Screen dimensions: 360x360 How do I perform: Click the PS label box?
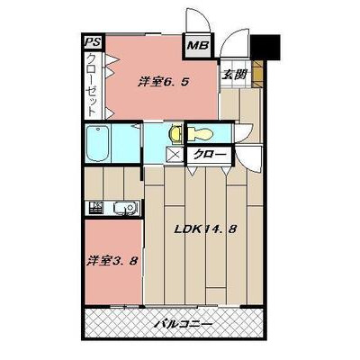coord(93,41)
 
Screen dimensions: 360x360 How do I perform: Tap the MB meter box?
coord(198,46)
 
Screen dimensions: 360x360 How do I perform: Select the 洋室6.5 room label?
coord(164,81)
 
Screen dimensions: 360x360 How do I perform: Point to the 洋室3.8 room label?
coord(112,260)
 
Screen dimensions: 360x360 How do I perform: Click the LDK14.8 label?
coord(206,229)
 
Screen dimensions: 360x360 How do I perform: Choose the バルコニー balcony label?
coord(184,324)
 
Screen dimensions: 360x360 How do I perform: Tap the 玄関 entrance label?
coord(234,74)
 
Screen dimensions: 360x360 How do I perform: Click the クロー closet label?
coord(210,155)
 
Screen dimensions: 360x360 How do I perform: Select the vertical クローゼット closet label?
coord(92,85)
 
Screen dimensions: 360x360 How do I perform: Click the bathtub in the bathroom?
coord(97,144)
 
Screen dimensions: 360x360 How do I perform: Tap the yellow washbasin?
coord(175,133)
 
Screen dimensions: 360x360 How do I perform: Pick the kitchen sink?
coord(125,208)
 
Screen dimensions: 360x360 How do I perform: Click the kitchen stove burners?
coord(96,207)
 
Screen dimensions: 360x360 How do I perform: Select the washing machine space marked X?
coord(174,156)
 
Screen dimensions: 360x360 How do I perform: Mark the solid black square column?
coord(265,47)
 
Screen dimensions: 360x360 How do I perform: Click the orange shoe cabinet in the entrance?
coord(257,74)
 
